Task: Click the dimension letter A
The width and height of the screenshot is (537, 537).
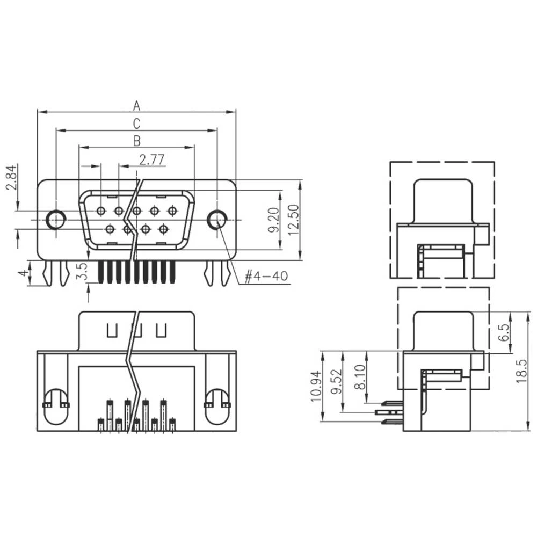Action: pos(136,104)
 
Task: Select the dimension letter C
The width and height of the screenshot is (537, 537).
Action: pos(136,123)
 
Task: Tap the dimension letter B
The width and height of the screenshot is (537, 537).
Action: pos(136,141)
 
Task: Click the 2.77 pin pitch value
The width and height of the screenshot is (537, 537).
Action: pos(151,159)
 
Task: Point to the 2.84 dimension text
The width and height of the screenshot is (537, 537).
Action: pos(10,178)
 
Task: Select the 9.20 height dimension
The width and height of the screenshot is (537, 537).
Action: pos(273,220)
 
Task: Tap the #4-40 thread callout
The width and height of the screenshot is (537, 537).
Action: pos(266,277)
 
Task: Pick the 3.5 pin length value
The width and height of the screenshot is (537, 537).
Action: pos(80,271)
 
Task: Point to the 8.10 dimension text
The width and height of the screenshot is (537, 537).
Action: pos(360,378)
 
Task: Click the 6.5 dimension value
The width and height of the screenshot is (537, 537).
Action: pos(503,333)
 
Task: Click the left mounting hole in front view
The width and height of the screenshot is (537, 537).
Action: pos(56,219)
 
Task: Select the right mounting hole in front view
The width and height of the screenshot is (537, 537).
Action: pos(217,219)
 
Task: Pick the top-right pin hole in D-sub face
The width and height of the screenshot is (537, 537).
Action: pos(172,211)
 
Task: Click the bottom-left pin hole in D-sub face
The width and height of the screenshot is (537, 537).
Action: pos(110,229)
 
